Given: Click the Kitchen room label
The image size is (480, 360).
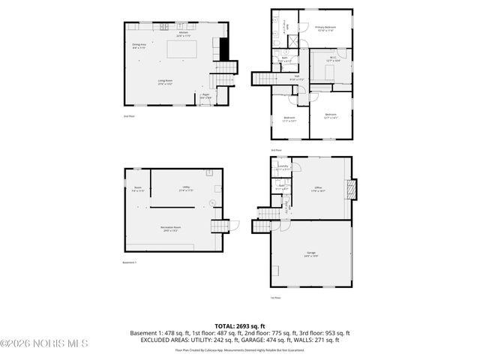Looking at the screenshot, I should tap(183, 34).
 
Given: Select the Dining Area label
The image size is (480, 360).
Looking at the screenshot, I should tap(139, 46).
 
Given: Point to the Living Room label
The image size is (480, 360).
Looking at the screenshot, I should tap(166, 82).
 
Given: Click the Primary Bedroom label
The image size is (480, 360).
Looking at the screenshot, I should tap(325, 28).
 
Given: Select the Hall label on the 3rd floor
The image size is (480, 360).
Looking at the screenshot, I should tap(295, 77).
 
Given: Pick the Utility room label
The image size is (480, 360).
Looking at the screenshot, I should tap(185, 188).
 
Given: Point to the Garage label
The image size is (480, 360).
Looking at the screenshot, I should tap(310, 253).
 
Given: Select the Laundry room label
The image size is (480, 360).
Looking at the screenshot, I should tap(283, 168).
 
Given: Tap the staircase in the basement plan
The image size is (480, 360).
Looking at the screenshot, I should tap(218, 226).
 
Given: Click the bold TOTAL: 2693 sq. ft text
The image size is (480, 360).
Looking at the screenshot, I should tap(240, 326).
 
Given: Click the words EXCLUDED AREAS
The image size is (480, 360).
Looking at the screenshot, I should tap(164, 340).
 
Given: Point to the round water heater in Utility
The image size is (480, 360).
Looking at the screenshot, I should tap(212, 202).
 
